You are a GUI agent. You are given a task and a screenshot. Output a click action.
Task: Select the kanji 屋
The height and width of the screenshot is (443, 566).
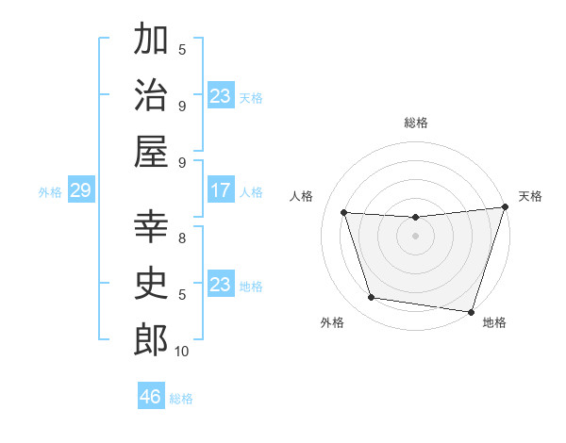(151, 151)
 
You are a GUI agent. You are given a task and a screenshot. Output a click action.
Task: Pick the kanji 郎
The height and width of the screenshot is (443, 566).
(151, 339)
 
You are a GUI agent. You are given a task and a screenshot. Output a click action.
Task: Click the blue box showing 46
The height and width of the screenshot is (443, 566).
(151, 397)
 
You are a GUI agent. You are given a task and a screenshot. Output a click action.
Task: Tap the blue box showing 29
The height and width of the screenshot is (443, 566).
(80, 191)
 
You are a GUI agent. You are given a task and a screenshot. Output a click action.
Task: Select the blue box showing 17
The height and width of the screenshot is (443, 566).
(220, 191)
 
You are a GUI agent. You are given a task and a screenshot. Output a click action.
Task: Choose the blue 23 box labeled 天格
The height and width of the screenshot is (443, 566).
(220, 96)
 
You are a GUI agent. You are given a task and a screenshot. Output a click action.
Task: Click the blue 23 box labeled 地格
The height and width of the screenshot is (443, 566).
(220, 285)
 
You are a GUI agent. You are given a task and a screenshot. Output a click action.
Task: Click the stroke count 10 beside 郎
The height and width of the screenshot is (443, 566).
(182, 351)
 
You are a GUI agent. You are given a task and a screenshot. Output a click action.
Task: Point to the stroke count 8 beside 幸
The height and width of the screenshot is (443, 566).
(182, 238)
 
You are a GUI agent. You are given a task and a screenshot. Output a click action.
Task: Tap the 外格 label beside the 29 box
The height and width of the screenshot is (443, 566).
(50, 192)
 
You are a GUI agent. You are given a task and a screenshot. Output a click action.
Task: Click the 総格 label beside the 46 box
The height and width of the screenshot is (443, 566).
(181, 398)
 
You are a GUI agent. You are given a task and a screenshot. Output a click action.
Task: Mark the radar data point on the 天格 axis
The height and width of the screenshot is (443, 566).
(505, 207)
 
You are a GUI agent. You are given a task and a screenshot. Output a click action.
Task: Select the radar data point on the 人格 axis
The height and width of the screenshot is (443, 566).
(344, 213)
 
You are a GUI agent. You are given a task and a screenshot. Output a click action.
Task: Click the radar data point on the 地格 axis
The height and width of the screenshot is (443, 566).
(471, 312)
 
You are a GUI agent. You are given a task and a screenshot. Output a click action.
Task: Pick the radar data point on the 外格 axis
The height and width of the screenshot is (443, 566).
(372, 298)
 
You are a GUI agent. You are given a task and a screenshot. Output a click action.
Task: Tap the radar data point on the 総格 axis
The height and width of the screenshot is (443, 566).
(415, 218)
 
